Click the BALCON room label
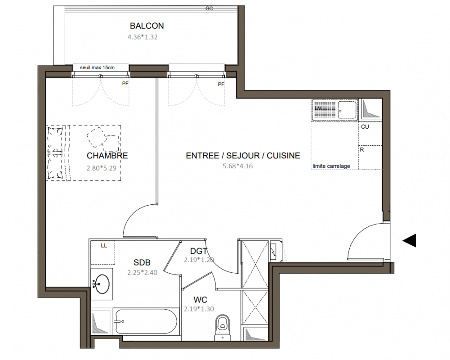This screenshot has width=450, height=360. tap(147, 26)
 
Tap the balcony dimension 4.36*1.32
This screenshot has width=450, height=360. tap(143, 37)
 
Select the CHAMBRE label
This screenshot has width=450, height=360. tap(107, 156)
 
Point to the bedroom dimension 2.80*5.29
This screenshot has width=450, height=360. tap(102, 168)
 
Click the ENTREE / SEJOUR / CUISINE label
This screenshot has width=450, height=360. tap(243, 156)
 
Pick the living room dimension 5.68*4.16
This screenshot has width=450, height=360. tap(238, 166)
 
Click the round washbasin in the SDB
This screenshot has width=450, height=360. tap(102, 284)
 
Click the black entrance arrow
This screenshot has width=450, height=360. tap(410, 241)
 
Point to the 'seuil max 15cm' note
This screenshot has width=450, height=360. tap(97, 68)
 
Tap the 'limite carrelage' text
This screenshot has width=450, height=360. tap(331, 166)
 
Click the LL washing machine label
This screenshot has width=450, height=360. tap(104, 246)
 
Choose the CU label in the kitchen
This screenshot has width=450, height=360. tap(365, 127)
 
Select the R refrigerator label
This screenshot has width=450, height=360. tap(362, 150)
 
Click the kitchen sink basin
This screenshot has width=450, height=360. tap(347, 110)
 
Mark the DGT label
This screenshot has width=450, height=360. tap(199, 251)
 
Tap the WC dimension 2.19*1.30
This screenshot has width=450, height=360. tap(199, 309)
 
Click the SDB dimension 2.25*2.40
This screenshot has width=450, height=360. tap(143, 273)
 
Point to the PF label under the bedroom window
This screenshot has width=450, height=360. tap(125, 84)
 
